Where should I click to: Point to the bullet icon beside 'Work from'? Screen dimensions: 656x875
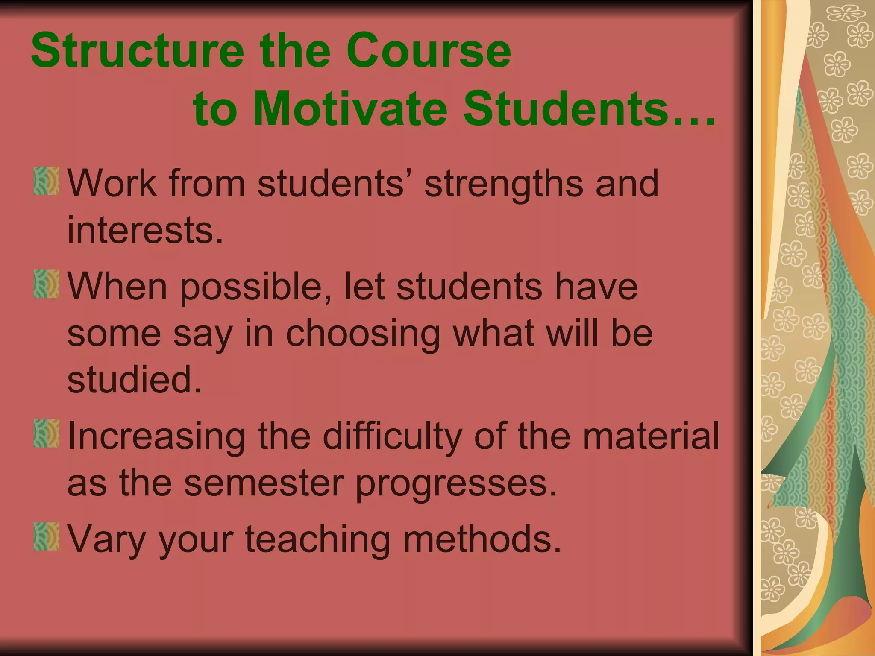[47, 181]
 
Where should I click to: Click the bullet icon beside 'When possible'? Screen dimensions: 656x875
[47, 284]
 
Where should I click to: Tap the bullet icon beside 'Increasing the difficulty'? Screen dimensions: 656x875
[47, 433]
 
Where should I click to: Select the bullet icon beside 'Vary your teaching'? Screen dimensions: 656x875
[47, 536]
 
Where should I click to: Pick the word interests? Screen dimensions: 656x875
[145, 231]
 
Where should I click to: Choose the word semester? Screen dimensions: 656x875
[264, 483]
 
